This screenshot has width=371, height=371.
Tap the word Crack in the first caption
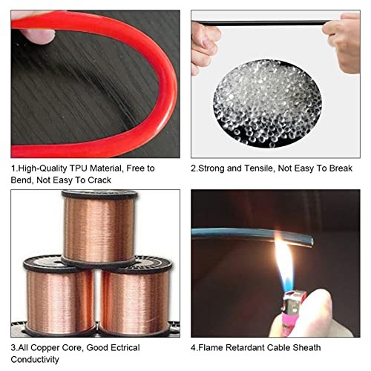[x=99, y=180]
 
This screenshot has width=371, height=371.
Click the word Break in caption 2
[x=341, y=168]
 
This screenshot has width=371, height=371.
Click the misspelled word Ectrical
[x=125, y=347]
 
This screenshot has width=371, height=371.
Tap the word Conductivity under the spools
[x=35, y=359]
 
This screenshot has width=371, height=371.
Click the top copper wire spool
[x=99, y=228]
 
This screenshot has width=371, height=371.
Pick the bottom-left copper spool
[x=59, y=295]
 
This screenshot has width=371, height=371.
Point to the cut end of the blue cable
[x=311, y=240]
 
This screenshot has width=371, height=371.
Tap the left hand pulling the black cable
[x=205, y=47]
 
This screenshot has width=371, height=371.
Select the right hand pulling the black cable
[x=344, y=42]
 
